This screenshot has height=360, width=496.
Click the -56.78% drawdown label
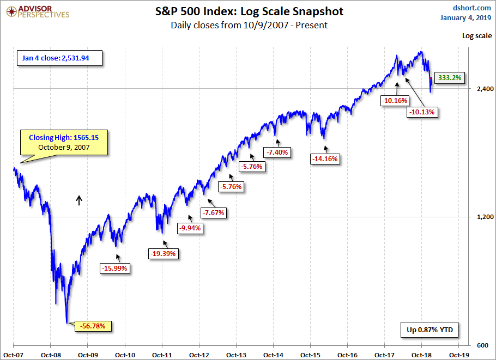pos(96,326)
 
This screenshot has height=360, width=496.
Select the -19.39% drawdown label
pos(164,253)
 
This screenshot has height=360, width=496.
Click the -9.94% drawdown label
pos(190,229)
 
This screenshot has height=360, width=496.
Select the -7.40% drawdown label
pos(278,152)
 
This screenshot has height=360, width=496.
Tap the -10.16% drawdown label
pos(395,100)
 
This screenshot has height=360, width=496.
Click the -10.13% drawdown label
pos(423,112)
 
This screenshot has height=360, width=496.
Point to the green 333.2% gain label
pos(450,78)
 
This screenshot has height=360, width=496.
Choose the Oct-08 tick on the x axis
pos(50,353)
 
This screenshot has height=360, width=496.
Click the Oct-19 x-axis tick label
pos(458,353)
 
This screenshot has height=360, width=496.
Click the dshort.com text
pos(472,8)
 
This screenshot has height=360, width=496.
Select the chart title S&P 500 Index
pos(248,11)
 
